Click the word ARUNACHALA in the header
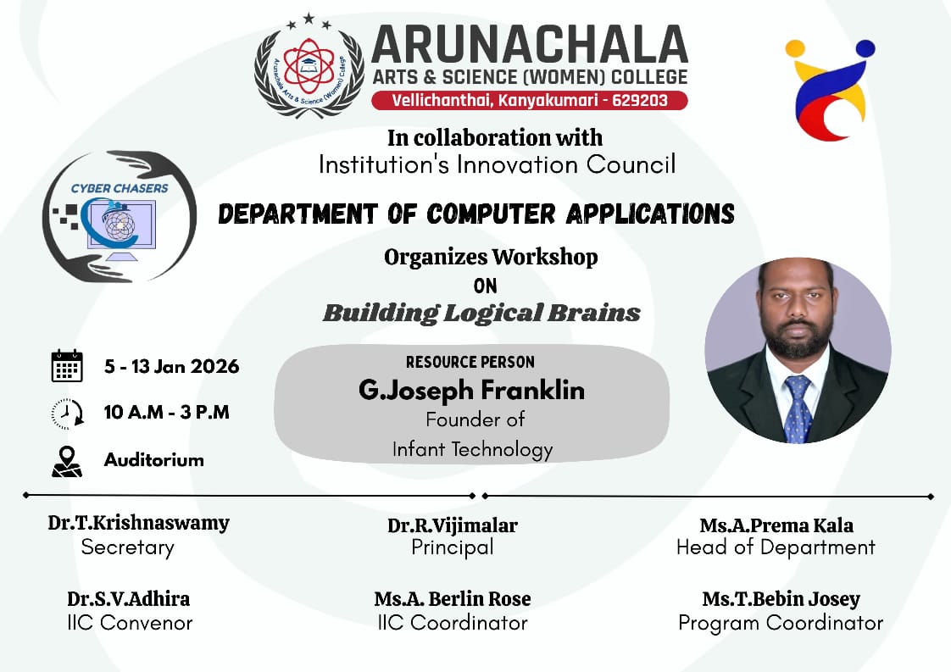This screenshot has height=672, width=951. coord(529,44)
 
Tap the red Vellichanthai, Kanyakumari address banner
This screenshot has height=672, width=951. coord(529,101)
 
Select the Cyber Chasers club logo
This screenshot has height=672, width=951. coord(120,216)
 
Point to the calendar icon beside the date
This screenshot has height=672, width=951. coord(67,366)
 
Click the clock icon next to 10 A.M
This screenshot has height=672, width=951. coord(67,414)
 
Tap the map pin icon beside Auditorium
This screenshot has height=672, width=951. coord(67,461)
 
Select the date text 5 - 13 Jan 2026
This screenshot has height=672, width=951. coord(171,367)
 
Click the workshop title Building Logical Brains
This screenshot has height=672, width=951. coord(481,313)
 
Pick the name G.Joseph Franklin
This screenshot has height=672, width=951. coord(471,391)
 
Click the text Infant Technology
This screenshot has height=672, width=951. coord(472,449)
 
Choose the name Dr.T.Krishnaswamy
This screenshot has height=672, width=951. coord(138,523)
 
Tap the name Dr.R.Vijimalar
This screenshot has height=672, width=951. coord(453,525)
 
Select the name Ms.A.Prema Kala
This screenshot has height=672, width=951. coord(776,525)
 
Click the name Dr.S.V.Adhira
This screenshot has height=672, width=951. coord(129,599)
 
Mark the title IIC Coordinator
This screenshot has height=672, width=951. coord(453,623)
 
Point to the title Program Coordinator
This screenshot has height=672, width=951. coord(781,623)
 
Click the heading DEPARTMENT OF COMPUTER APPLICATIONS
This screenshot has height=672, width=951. coord(475,214)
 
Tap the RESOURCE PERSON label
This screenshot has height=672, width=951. coord(470,362)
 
